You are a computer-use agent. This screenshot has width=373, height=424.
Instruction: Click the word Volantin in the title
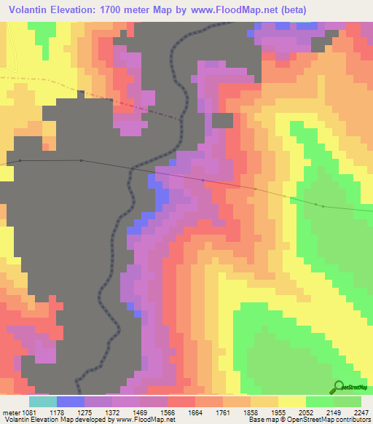(31, 10)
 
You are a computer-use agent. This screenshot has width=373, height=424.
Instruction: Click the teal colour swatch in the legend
(42, 401)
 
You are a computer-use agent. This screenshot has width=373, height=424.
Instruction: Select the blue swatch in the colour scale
(70, 401)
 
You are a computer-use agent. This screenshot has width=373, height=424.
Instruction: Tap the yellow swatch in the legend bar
(291, 401)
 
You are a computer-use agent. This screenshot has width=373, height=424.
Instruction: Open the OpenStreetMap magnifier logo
(338, 386)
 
